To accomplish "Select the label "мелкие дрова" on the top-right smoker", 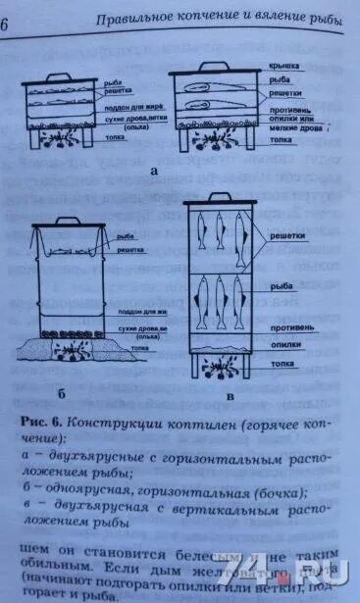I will tap(293, 128).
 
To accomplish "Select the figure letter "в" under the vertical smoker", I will tap(229, 396).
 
